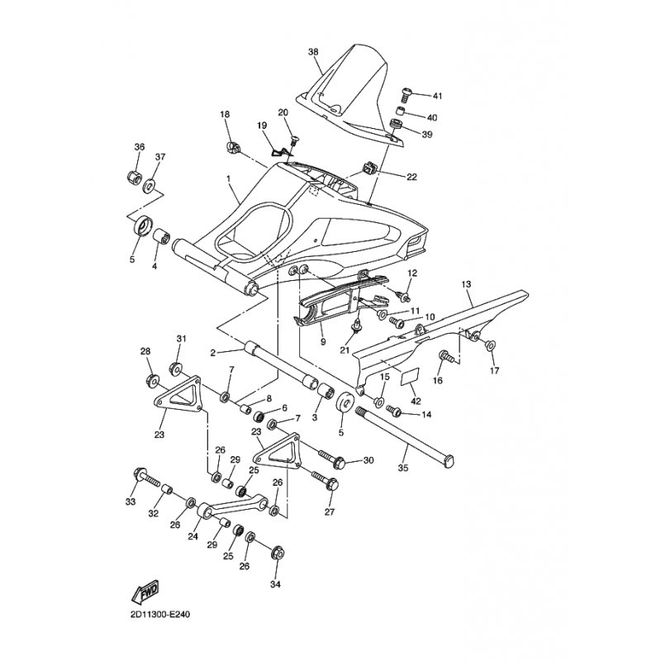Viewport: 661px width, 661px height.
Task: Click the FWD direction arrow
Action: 145,592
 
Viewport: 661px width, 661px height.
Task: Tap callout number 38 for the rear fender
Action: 313,52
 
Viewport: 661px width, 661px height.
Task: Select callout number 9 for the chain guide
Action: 323,340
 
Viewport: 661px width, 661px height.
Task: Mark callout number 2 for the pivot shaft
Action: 213,353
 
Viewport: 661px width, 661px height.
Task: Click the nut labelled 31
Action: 175,366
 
